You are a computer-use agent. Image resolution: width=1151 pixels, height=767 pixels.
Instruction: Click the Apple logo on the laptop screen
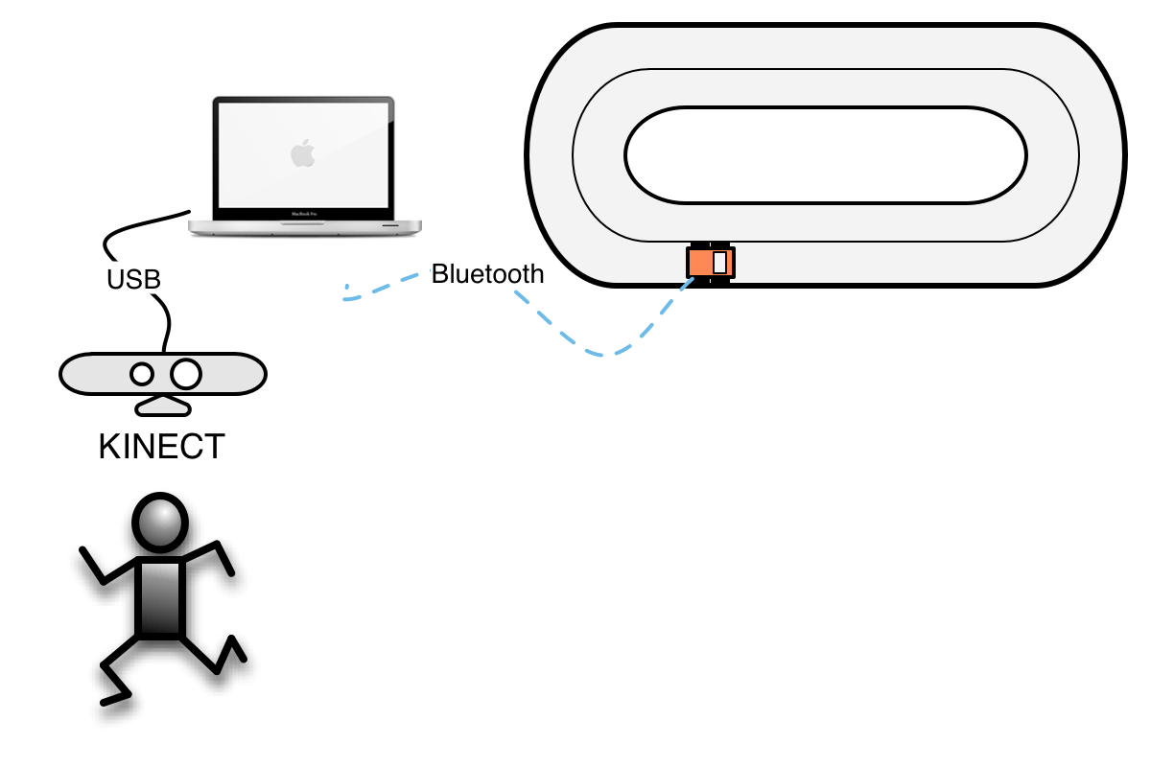pyautogui.click(x=303, y=153)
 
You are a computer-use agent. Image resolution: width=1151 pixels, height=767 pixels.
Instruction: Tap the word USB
pyautogui.click(x=133, y=279)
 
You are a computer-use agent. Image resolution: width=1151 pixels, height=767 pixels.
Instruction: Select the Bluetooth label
pyautogui.click(x=487, y=273)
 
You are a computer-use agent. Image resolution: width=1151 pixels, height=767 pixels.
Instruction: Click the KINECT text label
pyautogui.click(x=161, y=446)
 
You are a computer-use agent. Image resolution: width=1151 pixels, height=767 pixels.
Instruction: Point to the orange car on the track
pyautogui.click(x=711, y=263)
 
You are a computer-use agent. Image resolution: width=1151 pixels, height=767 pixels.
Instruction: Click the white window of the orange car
pyautogui.click(x=720, y=263)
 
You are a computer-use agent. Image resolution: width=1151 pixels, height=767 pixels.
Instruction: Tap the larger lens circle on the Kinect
pyautogui.click(x=186, y=374)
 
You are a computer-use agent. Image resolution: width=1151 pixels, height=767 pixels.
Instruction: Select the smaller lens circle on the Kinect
pyautogui.click(x=142, y=374)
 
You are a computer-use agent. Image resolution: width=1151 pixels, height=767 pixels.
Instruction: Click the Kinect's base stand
pyautogui.click(x=163, y=407)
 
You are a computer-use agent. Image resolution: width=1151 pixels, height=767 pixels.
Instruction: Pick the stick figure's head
pyautogui.click(x=160, y=523)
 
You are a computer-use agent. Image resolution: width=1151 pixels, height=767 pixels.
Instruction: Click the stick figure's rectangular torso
pyautogui.click(x=160, y=598)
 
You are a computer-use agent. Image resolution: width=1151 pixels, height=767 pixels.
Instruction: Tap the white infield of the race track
pyautogui.click(x=826, y=155)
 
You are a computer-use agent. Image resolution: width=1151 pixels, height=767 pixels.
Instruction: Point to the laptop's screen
pyautogui.click(x=303, y=154)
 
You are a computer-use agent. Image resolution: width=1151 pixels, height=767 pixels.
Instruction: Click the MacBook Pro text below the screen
pyautogui.click(x=304, y=214)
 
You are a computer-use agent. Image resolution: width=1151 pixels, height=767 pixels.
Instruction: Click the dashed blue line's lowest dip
pyautogui.click(x=601, y=355)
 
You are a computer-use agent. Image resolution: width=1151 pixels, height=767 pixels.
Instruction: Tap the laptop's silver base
pyautogui.click(x=305, y=227)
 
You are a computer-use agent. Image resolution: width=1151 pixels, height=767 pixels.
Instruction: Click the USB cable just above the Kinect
pyautogui.click(x=167, y=329)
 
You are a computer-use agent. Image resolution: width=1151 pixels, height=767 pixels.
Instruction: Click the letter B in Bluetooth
pyautogui.click(x=440, y=273)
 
